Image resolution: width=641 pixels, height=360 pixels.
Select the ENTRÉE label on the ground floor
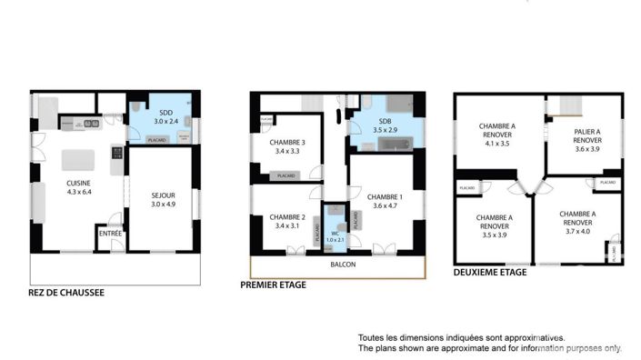pos(109,234)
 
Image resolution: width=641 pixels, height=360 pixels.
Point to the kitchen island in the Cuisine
pos(79,161)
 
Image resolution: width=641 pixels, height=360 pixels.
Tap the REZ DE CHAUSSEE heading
pos(66,293)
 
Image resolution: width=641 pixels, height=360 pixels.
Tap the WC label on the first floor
pos(335,235)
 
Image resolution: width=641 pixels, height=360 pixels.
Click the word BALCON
pos(343,265)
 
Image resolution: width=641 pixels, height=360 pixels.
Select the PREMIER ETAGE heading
pos(273,285)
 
